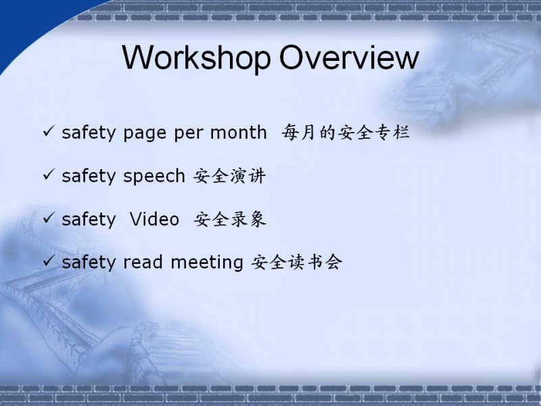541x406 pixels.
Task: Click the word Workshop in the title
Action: pyautogui.click(x=196, y=58)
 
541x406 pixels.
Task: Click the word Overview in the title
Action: pyautogui.click(x=349, y=57)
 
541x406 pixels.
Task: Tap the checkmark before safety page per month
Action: pyautogui.click(x=49, y=131)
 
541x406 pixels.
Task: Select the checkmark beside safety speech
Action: pyautogui.click(x=49, y=175)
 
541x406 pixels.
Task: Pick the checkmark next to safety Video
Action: pyautogui.click(x=49, y=218)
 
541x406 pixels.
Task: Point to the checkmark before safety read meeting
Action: pyautogui.click(x=49, y=261)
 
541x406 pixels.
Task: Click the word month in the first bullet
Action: pyautogui.click(x=239, y=132)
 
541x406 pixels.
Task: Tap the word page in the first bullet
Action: pyautogui.click(x=145, y=134)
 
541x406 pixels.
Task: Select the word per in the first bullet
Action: pyautogui.click(x=189, y=134)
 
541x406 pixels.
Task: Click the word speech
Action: pyautogui.click(x=154, y=177)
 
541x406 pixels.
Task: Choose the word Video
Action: pyautogui.click(x=154, y=219)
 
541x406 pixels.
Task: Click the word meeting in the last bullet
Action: pyautogui.click(x=207, y=263)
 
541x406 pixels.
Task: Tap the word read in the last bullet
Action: pyautogui.click(x=143, y=262)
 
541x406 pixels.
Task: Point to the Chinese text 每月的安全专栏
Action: pyautogui.click(x=346, y=132)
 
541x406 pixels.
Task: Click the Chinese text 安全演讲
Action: pyautogui.click(x=229, y=176)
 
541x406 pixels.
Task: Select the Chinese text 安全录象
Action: pyautogui.click(x=230, y=219)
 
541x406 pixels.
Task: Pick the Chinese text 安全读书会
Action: pyautogui.click(x=297, y=262)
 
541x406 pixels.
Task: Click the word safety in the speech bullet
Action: pyautogui.click(x=89, y=177)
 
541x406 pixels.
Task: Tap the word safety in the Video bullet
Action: pyautogui.click(x=89, y=219)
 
